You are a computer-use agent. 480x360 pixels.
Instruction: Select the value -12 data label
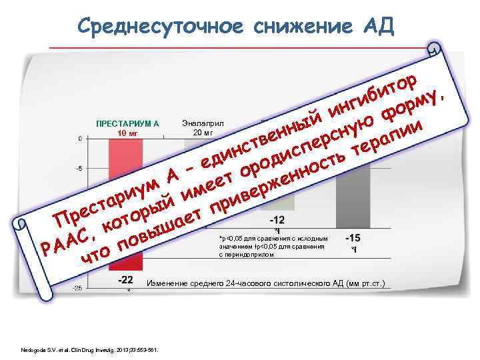(277, 220)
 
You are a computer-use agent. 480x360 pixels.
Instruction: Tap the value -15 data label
(354, 237)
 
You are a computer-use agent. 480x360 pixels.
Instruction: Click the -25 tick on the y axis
(77, 288)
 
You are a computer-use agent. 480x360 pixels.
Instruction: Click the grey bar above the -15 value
(354, 193)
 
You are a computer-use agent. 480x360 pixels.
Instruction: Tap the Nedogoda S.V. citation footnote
(89, 349)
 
